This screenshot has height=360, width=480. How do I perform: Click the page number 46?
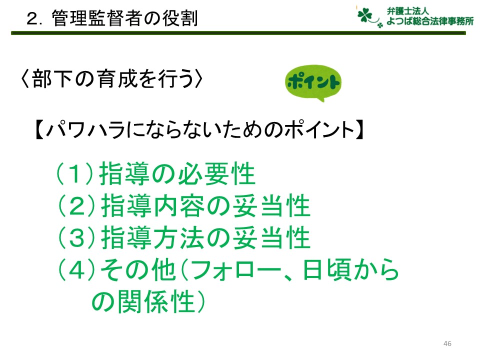point(447,343)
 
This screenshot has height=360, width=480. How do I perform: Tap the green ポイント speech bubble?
point(313,82)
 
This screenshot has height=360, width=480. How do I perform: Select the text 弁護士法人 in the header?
point(407,11)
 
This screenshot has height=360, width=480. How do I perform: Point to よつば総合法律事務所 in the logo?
point(430,21)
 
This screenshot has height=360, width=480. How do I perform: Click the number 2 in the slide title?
point(32,18)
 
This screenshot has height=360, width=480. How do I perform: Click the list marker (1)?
point(74,173)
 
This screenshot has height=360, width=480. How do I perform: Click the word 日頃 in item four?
point(327,269)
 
